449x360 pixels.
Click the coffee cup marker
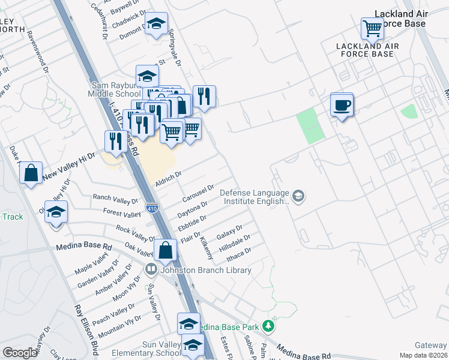pyautogui.click(x=342, y=105)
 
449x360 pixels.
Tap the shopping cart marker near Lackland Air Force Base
pyautogui.click(x=372, y=28)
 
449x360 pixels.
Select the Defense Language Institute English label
pyautogui.click(x=255, y=197)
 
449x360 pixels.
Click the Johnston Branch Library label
pyautogui.click(x=205, y=270)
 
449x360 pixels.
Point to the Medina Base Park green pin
pyautogui.click(x=270, y=327)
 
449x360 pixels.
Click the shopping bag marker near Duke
pyautogui.click(x=31, y=173)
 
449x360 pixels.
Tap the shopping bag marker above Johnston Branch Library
pyautogui.click(x=166, y=251)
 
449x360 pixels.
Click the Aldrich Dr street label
pyautogui.click(x=168, y=178)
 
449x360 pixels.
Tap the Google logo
pyautogui.click(x=20, y=352)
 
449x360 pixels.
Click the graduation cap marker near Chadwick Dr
pyautogui.click(x=157, y=24)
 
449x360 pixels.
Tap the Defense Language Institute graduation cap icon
pyautogui.click(x=298, y=196)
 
